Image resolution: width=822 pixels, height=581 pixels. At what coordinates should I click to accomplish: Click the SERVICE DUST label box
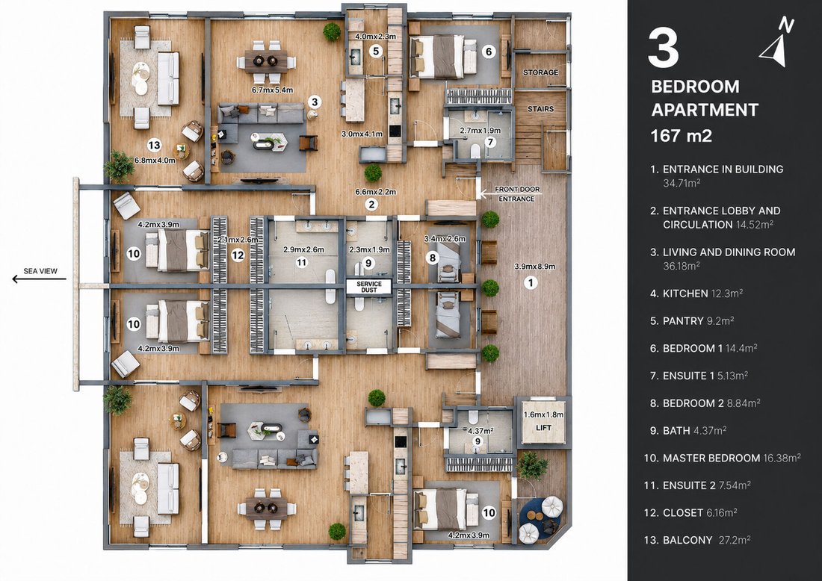(369, 287)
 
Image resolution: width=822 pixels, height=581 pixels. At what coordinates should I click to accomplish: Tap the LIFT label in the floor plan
(543, 428)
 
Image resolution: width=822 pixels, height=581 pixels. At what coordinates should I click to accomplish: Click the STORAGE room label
(540, 72)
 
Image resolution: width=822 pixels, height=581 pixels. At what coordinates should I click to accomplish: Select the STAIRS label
(540, 109)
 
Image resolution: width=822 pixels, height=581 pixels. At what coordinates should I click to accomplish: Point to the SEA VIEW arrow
(40, 279)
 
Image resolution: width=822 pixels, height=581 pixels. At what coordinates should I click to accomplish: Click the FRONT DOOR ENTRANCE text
(517, 194)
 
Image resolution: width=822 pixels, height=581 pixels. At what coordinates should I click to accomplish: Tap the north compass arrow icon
(776, 46)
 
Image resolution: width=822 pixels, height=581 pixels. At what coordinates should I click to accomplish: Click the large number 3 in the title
(664, 49)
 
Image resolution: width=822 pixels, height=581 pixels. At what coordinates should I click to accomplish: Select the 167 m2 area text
(681, 136)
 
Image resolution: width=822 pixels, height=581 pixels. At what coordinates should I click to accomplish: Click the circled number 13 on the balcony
(154, 145)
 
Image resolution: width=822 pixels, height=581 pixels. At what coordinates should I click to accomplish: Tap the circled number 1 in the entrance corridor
(531, 283)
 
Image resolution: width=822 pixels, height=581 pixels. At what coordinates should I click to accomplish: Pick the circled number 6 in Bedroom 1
(489, 52)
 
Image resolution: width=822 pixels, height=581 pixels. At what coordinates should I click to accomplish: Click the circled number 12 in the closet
(238, 255)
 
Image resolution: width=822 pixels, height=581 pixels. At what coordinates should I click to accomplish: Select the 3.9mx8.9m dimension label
(534, 266)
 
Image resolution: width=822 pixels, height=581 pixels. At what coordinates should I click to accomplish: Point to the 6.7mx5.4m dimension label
(272, 90)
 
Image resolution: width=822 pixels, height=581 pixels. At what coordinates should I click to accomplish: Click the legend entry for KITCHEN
(696, 293)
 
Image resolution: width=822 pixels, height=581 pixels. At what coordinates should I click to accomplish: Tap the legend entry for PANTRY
(691, 320)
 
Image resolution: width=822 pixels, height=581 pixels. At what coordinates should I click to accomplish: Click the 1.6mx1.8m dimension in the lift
(543, 414)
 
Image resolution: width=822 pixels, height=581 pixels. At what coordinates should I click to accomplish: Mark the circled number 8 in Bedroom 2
(433, 257)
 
